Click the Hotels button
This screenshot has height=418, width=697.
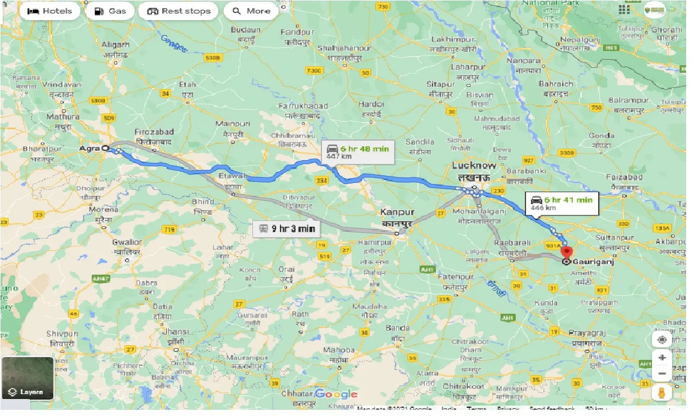50,11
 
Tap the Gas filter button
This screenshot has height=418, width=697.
110,11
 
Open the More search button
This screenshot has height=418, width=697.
251,11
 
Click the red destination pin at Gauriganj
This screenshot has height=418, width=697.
567,252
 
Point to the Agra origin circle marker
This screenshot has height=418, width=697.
105,147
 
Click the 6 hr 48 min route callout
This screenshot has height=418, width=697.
358,152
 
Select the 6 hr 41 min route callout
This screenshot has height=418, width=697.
562,203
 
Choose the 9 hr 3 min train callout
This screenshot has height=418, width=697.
287,229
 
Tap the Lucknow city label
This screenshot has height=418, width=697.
474,166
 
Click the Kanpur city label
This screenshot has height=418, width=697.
397,212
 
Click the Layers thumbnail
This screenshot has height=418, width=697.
27,378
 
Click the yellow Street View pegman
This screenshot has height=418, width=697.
662,392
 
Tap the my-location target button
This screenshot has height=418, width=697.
662,340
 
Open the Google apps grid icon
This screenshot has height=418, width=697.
624,9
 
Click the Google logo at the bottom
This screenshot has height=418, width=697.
336,394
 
